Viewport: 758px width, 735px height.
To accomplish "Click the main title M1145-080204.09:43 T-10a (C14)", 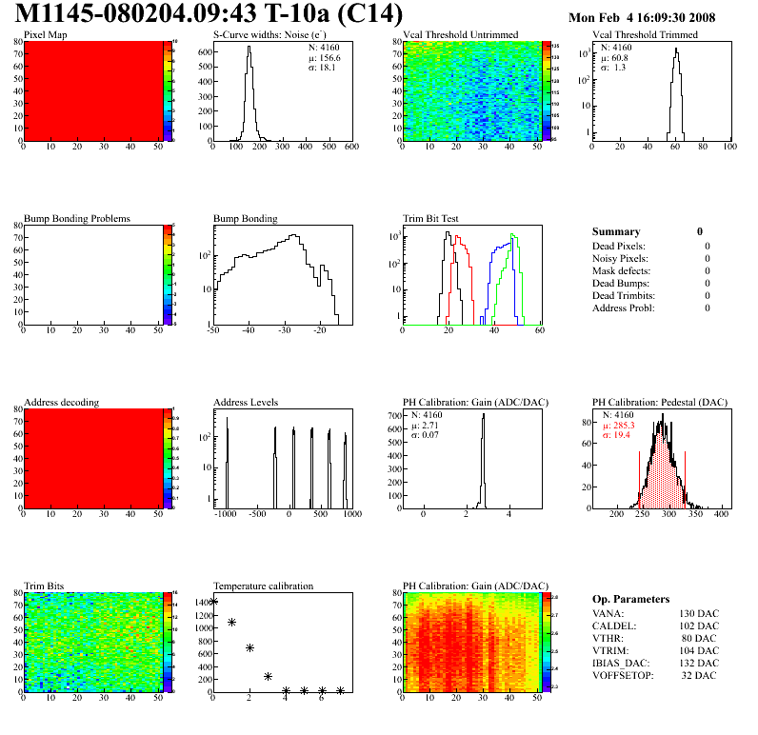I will coord(210,15).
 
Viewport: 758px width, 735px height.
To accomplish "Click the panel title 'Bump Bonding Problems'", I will coord(77,218).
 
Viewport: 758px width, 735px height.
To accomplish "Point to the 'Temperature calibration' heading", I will coord(263,586).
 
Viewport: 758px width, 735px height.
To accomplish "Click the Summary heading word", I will coord(616,231).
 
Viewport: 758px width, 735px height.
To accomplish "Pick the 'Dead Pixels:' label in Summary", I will coord(619,246).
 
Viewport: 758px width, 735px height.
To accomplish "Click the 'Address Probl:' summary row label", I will coord(623,308).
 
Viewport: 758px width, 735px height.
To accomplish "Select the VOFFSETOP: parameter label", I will coord(624,675).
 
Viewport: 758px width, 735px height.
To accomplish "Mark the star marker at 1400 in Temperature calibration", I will coord(214,602).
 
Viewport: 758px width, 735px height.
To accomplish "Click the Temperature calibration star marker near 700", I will coord(249,647).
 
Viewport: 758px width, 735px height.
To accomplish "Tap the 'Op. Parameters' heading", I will coord(630,599).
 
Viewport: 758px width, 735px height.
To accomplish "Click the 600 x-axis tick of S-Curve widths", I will coord(350,148).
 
